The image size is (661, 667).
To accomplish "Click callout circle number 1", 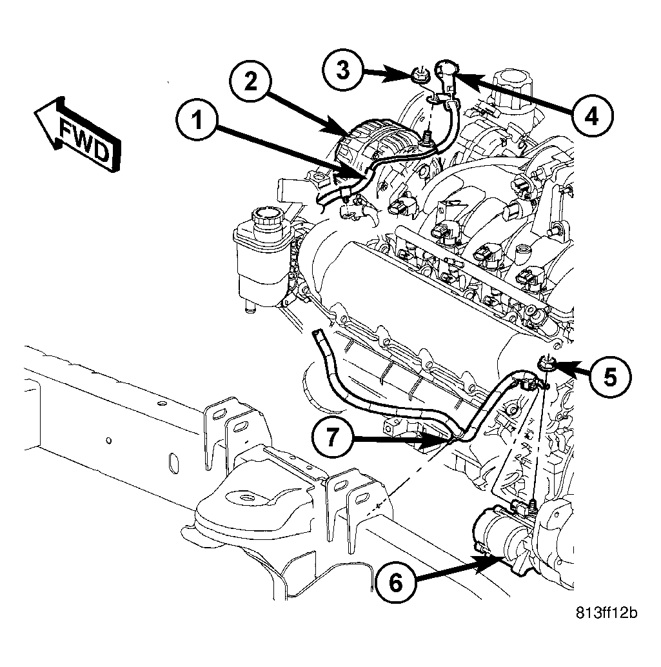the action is [197, 121].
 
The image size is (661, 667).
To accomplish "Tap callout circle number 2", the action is [250, 81].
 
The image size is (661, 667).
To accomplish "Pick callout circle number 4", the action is [591, 115].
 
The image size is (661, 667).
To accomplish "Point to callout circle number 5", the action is [611, 377].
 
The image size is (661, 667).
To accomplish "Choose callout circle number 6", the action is [395, 582].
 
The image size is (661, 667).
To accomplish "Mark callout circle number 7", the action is [332, 437].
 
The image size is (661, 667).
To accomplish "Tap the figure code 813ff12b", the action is [607, 613].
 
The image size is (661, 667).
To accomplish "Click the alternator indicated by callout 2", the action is [374, 147].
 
